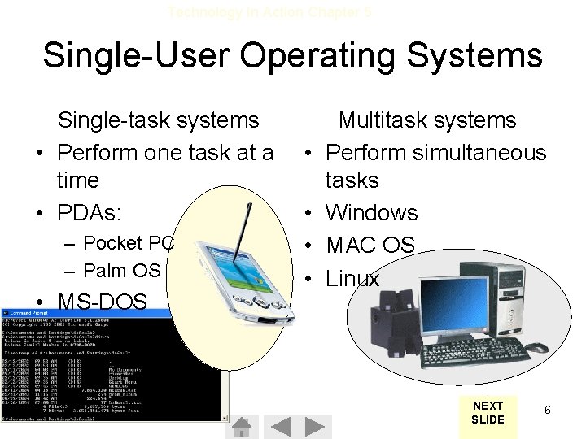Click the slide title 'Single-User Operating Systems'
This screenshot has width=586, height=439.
click(292, 56)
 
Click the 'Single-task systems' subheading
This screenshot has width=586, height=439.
click(158, 120)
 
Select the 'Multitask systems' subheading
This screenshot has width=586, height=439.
click(427, 120)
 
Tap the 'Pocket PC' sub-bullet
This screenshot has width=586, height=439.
click(129, 243)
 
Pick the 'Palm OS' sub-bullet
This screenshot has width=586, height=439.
click(122, 270)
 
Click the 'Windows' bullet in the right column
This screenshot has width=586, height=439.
click(371, 213)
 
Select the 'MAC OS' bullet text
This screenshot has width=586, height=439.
click(370, 246)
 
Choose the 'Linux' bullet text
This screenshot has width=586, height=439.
click(352, 279)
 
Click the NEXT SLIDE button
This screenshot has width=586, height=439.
click(488, 412)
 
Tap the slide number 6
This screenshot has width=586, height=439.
click(548, 411)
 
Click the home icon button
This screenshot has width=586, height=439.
click(241, 427)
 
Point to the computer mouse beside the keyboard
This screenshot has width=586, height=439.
click(535, 347)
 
